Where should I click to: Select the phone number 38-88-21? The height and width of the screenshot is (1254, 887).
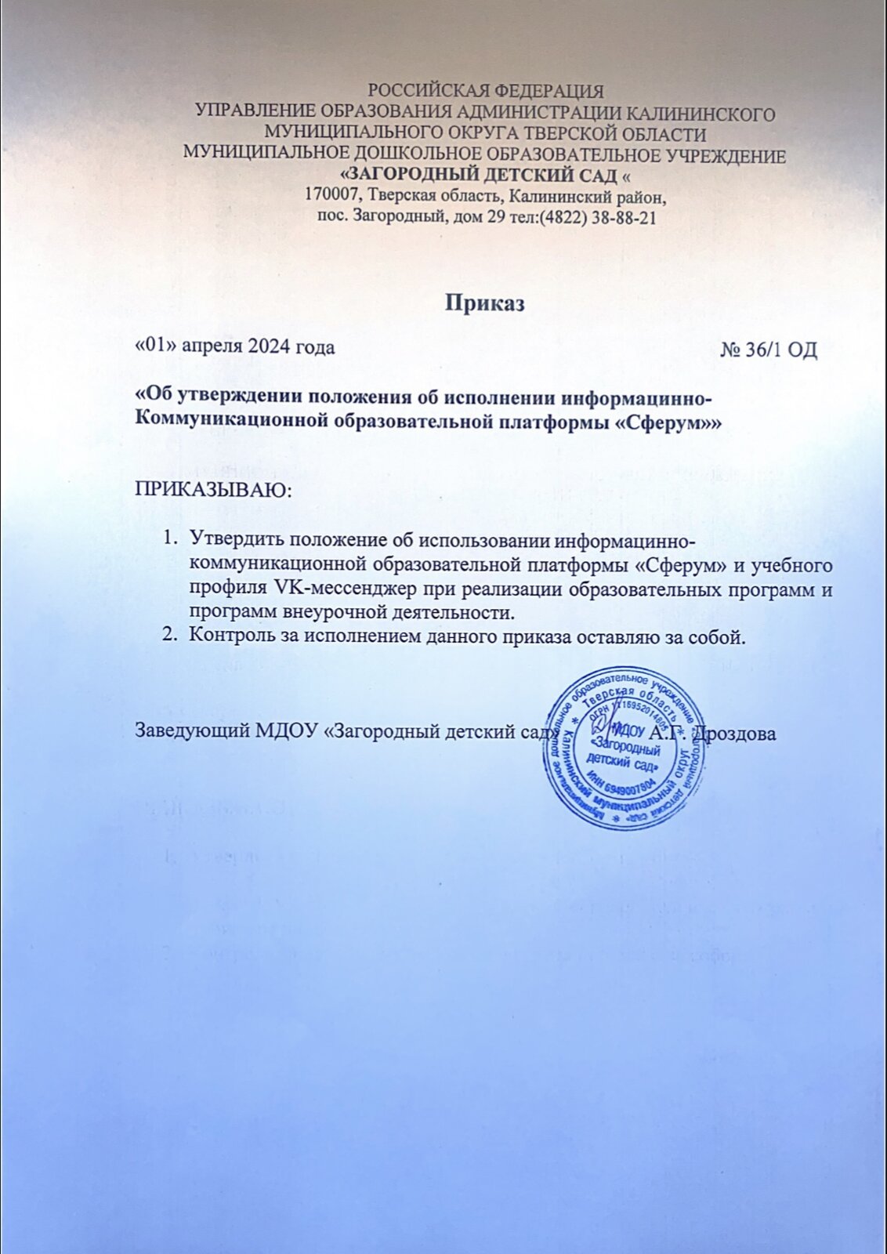click(x=624, y=218)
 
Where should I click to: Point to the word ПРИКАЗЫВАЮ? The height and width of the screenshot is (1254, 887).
click(x=212, y=491)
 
